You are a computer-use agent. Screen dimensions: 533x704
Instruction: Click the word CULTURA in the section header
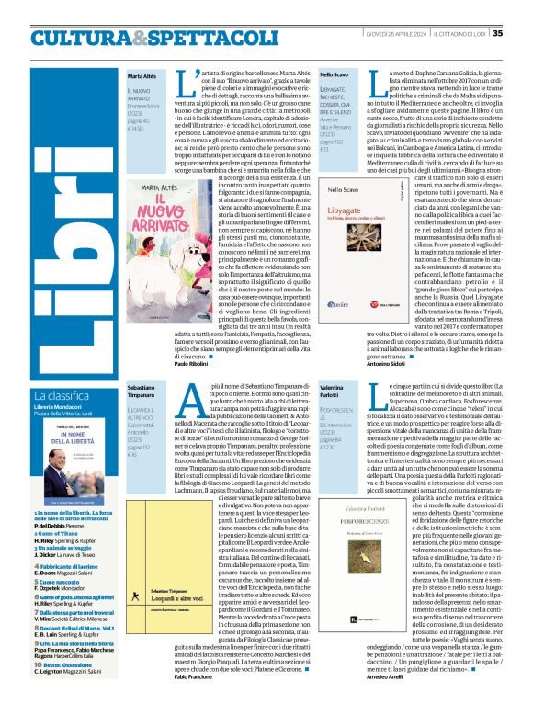click(x=79, y=38)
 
